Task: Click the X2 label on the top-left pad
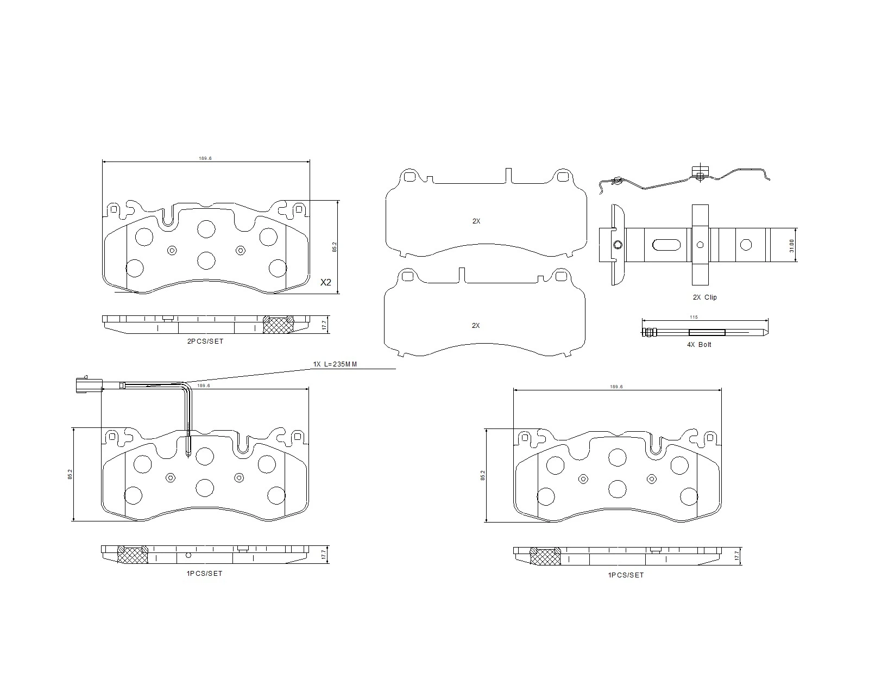[326, 282]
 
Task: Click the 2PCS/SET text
[205, 341]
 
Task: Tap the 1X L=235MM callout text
[335, 364]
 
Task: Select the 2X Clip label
[704, 297]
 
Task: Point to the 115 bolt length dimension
[694, 317]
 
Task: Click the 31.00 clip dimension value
[791, 246]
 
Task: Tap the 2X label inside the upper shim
[476, 221]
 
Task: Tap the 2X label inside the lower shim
[475, 326]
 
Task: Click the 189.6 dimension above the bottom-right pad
[616, 387]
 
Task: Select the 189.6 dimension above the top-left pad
[205, 158]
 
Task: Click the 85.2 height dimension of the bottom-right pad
[482, 475]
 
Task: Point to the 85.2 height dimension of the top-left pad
[335, 247]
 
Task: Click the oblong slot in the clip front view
[666, 245]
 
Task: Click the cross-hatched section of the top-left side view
[278, 325]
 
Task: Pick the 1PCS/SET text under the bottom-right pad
[626, 575]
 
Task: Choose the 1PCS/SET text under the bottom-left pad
[204, 574]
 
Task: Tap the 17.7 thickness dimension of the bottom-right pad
[737, 556]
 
